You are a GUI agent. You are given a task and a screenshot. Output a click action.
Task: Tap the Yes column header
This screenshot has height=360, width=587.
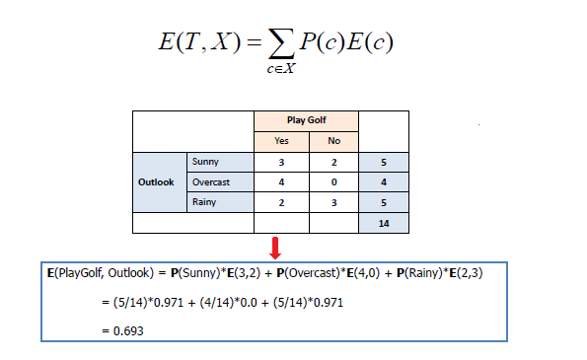tap(282, 141)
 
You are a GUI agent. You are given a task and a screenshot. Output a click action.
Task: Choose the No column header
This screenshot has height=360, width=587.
tap(333, 141)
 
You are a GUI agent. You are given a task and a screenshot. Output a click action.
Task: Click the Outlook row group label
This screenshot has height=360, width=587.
tap(157, 181)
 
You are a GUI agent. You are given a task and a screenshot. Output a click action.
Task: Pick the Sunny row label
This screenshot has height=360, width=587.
tap(206, 162)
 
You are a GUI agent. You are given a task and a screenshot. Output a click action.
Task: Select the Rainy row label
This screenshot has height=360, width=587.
tap(204, 202)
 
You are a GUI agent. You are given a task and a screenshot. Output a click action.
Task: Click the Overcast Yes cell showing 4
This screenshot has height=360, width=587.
tap(282, 182)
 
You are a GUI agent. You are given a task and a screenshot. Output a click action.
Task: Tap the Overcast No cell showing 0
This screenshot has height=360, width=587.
tap(333, 182)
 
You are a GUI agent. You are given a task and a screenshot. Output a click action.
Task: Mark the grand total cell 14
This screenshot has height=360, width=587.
tap(385, 224)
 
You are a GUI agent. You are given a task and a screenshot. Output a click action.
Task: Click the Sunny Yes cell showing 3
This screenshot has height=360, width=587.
tap(282, 162)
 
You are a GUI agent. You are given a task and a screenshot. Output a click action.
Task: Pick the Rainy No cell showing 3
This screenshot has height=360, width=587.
tap(333, 202)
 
